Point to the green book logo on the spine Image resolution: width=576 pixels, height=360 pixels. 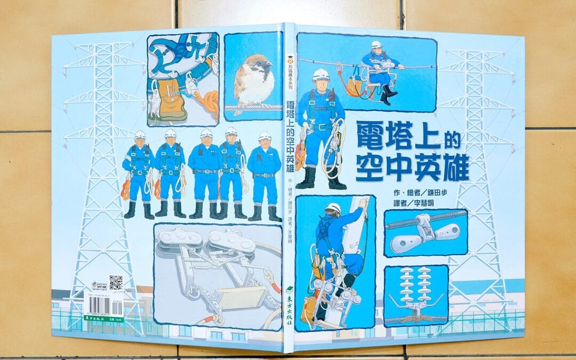tap(289, 288)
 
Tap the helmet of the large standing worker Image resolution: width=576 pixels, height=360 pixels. tap(321, 74)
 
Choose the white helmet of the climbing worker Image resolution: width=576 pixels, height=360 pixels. tap(334, 207)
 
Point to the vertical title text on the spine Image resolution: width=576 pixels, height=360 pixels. tap(290, 135)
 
